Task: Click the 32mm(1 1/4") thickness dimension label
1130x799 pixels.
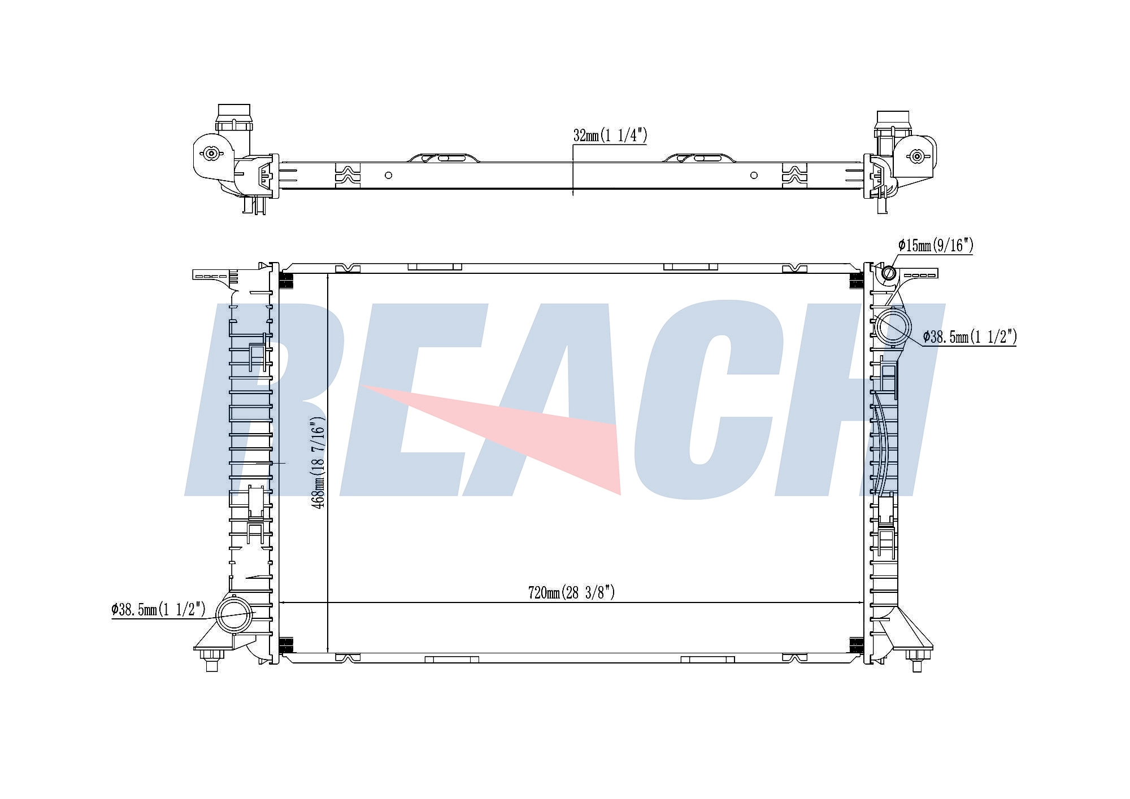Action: pos(610,136)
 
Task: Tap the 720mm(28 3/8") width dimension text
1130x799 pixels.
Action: pos(571,592)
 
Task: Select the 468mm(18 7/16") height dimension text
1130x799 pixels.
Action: pos(319,463)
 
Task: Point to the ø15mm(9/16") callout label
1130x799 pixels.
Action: pos(936,246)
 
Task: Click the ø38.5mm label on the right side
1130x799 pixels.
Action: pos(970,337)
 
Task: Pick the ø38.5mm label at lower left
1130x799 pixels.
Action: pos(159,610)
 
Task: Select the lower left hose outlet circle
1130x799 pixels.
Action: pos(234,615)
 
